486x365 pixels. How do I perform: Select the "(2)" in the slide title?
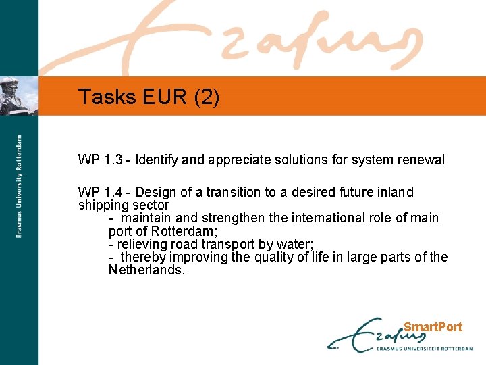(206, 97)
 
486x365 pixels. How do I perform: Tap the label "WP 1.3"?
(101, 160)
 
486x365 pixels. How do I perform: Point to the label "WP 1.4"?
(101, 193)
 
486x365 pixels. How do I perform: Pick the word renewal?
(423, 160)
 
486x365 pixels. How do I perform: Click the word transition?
(233, 193)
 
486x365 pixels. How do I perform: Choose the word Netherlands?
(146, 270)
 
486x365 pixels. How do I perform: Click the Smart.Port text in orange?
(433, 327)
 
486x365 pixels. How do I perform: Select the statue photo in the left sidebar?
(19, 96)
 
